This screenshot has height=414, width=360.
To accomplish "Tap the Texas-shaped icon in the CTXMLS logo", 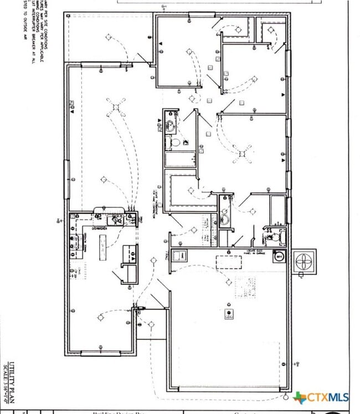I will (299, 397).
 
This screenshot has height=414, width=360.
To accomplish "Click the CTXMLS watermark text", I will (327, 397).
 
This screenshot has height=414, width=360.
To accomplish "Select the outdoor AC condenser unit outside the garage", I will (304, 261).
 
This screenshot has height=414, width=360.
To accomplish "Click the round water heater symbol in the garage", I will (279, 257).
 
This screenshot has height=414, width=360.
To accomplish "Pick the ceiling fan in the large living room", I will (116, 107).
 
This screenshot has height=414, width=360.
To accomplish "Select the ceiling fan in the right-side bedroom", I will (242, 153).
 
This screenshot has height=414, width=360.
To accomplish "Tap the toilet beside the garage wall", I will (270, 237).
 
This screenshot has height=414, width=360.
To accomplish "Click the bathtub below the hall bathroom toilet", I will (179, 160).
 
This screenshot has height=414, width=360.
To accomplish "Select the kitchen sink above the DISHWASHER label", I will (116, 219).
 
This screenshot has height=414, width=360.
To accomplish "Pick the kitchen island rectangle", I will (102, 244).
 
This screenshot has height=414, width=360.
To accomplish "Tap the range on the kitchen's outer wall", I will (73, 241).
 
